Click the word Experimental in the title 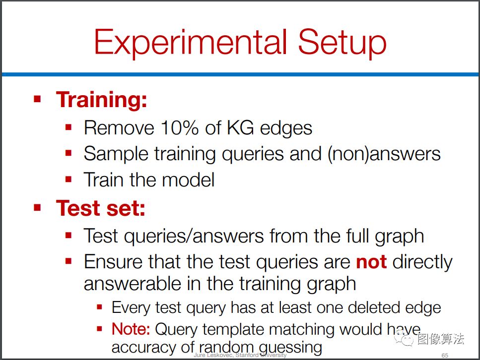point(191,42)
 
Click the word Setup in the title point(342,42)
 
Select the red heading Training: point(102,100)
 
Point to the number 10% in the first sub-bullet point(180,127)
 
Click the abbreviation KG point(240,127)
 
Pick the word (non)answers point(384,154)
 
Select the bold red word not point(371,262)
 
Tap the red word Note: point(131,329)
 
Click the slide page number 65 point(445,355)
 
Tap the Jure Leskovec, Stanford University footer point(240,355)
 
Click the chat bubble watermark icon point(404,338)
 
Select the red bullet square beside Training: point(37,99)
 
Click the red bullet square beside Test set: point(37,208)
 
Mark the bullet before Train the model point(69,179)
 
